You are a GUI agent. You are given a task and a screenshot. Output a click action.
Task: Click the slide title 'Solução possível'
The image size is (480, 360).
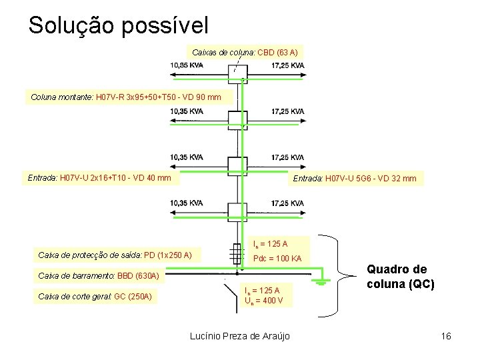click(118, 25)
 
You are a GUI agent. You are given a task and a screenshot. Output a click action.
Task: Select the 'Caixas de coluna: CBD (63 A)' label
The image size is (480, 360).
click(244, 51)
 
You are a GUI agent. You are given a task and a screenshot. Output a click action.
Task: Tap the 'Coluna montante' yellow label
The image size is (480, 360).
click(125, 97)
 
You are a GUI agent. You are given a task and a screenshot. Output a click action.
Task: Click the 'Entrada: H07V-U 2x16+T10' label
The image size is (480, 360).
click(99, 178)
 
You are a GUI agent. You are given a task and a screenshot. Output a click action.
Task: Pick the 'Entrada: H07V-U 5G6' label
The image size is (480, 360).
click(354, 178)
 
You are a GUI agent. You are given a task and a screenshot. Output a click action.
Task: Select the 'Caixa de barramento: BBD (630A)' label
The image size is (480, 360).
click(99, 275)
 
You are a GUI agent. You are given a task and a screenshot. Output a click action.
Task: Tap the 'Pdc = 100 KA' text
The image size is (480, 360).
click(278, 258)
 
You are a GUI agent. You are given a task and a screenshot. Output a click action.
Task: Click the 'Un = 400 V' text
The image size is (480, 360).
click(263, 301)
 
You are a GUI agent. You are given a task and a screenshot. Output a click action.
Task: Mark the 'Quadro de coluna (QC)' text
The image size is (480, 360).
click(401, 277)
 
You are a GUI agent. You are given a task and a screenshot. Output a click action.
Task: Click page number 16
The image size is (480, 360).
click(446, 336)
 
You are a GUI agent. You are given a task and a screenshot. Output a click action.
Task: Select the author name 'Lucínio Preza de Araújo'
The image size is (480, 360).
click(239, 336)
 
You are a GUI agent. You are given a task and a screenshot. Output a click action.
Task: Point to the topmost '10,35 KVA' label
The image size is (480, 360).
click(187, 65)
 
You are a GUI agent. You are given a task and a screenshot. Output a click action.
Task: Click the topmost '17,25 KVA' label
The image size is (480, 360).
click(288, 65)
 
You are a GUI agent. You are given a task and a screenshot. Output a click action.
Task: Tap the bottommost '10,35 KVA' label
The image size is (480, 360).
click(187, 203)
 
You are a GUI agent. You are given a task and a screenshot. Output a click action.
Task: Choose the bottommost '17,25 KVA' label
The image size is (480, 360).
click(288, 203)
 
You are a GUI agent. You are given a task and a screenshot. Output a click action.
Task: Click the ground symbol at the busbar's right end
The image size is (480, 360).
click(321, 281)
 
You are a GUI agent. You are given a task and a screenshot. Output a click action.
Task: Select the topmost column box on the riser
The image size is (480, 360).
click(238, 73)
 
